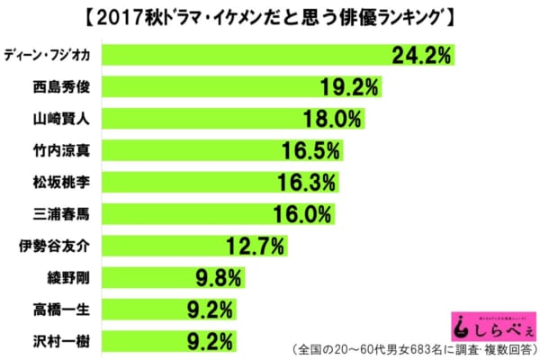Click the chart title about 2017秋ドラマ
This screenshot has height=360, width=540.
coord(270,16)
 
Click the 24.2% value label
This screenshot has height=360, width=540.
coord(420,56)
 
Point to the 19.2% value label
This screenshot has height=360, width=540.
coord(352,87)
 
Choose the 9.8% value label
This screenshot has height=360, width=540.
coord(213,276)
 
